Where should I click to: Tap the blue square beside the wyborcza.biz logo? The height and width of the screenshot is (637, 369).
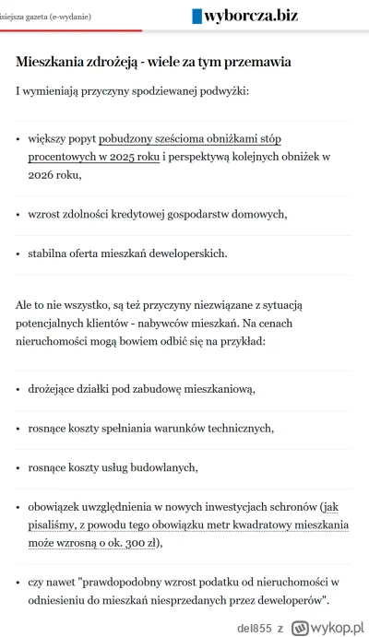click(x=196, y=16)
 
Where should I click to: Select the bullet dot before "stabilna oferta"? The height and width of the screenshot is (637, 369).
click(x=18, y=253)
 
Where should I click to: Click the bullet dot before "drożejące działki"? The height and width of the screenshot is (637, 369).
click(x=18, y=389)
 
